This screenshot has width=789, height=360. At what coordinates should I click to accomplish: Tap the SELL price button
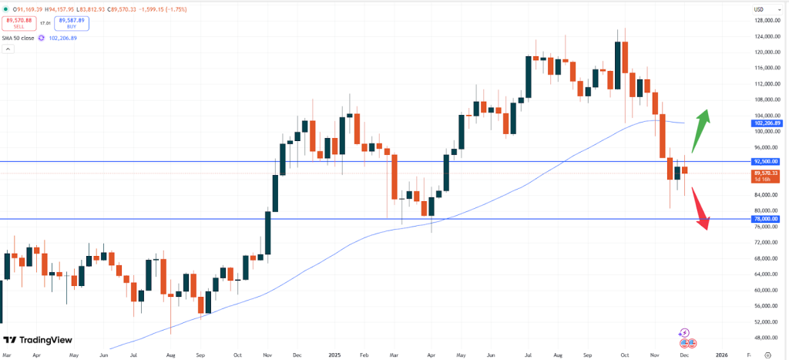(19, 24)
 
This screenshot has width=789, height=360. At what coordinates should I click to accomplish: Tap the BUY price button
(72, 24)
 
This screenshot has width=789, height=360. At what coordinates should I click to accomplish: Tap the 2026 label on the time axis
(721, 355)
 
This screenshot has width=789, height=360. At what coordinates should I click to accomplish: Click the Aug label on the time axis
(170, 355)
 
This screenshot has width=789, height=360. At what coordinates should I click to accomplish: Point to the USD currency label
(758, 8)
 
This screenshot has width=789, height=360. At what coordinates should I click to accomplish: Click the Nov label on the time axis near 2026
(655, 355)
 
